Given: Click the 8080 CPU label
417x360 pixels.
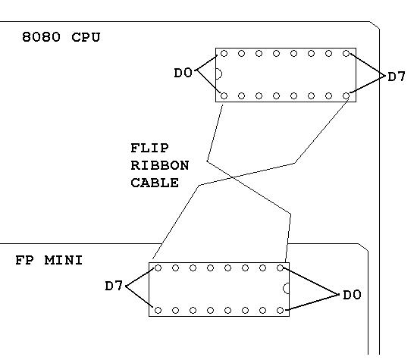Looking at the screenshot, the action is pos(61,37).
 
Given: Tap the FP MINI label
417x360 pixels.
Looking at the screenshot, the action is pos(49,260).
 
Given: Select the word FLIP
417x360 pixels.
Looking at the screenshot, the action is pos(149,148).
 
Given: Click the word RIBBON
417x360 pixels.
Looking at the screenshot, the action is pos(159,165).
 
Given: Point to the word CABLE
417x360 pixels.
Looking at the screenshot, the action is pos(155,183).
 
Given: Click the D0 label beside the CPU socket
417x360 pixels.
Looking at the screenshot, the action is pos(183,73).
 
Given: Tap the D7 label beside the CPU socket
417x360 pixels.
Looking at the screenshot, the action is pos(397,77).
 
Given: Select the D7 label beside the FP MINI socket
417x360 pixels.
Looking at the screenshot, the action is pos(114,286).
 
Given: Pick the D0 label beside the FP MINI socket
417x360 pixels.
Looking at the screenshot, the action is pos(352,295).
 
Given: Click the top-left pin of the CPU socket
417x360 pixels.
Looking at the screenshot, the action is pos(224,54).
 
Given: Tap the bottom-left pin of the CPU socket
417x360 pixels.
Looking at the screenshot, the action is pos(224,95).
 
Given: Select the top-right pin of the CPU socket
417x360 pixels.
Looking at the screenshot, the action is pos(346,54).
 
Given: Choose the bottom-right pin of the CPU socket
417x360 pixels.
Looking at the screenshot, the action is pos(346,95).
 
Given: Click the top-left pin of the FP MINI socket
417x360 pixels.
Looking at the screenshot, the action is pos(158,268).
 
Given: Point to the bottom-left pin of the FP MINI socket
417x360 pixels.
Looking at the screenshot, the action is pos(158,310).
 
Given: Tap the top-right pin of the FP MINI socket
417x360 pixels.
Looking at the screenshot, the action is pos(280,268).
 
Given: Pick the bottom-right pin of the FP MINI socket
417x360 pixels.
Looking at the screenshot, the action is pos(280,310).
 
